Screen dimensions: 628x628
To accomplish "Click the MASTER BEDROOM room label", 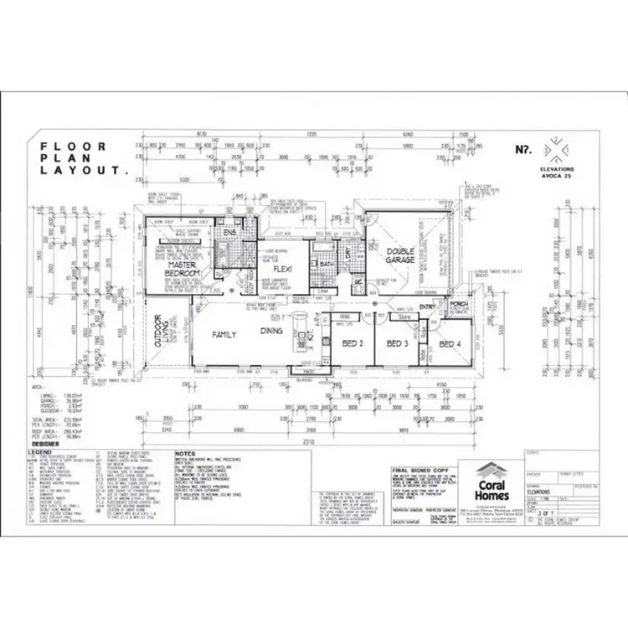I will pos(182,269).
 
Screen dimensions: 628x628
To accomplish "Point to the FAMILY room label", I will pos(224,334).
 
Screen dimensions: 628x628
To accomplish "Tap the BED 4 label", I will pos(450,343).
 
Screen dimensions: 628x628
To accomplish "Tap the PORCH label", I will pos(458,305).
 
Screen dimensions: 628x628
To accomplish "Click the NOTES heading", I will pos(186,453).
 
